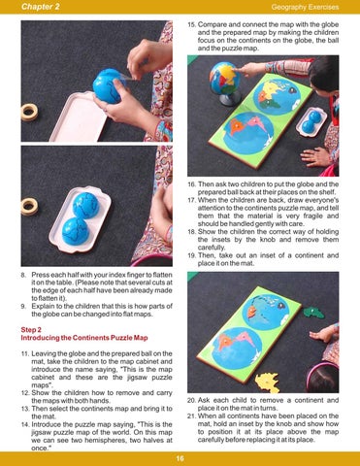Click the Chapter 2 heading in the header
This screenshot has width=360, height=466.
[x=41, y=7]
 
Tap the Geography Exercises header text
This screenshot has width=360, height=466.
[x=305, y=7]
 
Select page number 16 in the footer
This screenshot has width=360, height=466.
[x=180, y=458]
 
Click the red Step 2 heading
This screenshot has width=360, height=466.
[x=31, y=330]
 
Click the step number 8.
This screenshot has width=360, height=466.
[x=23, y=275]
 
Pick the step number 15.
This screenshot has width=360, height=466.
[x=191, y=24]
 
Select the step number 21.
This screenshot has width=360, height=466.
[x=191, y=416]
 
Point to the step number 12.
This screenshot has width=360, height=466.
[x=25, y=393]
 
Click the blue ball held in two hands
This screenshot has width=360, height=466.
[x=108, y=86]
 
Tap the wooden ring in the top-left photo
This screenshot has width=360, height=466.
[x=29, y=112]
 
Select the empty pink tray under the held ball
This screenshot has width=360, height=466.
[x=79, y=117]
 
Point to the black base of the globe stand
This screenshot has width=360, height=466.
[x=230, y=98]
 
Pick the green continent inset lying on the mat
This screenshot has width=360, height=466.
[x=313, y=313]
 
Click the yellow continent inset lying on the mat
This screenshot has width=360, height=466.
[x=268, y=383]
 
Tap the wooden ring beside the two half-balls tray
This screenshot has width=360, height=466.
[x=29, y=207]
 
